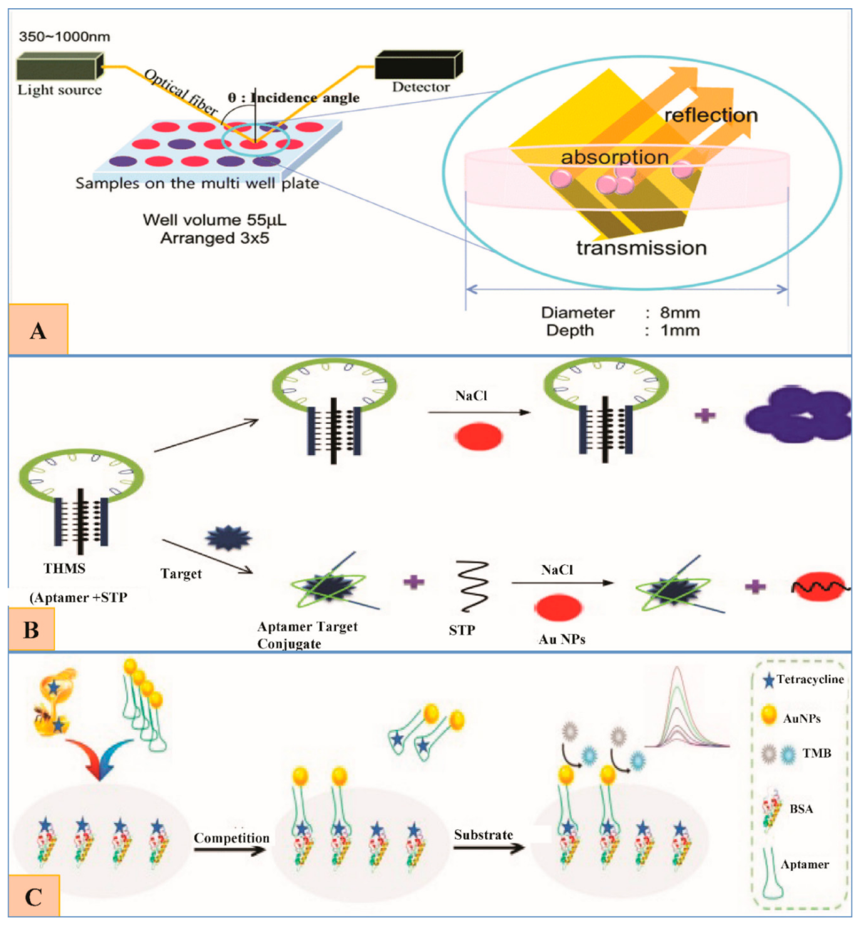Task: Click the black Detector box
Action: (418, 65)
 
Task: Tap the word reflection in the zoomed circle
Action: (710, 115)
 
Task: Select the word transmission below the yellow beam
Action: (641, 248)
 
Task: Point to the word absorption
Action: (614, 157)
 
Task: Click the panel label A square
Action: (38, 330)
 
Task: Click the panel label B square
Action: (32, 630)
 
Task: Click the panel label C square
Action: (34, 897)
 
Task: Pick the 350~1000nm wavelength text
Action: (64, 36)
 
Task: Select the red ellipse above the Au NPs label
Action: (558, 606)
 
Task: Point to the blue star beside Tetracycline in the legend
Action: (768, 680)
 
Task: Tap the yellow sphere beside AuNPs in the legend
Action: (769, 715)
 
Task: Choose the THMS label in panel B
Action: (64, 568)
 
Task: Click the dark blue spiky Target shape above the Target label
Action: (229, 538)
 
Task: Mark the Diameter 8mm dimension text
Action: (620, 312)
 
